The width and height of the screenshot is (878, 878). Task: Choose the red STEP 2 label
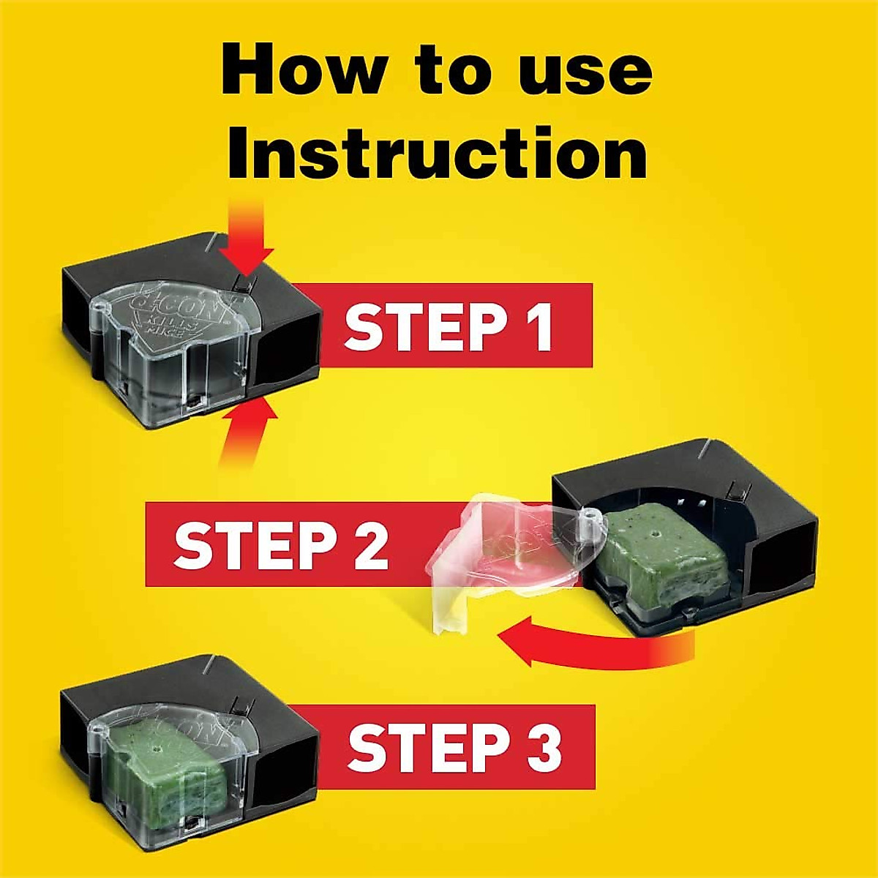pyautogui.click(x=282, y=544)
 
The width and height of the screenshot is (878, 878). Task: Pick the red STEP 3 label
pyautogui.click(x=454, y=746)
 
